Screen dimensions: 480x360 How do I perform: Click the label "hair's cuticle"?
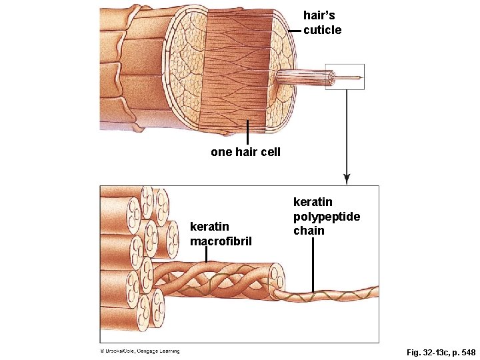tap(322, 22)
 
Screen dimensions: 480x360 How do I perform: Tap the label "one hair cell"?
tap(245, 152)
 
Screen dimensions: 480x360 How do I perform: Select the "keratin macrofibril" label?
tap(221, 233)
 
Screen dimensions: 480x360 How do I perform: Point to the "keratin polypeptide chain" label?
tap(327, 216)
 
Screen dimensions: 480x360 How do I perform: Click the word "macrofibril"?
tap(221, 241)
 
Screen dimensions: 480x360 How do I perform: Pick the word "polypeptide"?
tap(327, 216)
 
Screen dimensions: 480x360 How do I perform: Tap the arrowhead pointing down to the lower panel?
tap(346, 179)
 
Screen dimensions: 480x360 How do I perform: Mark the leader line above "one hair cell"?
tap(247, 132)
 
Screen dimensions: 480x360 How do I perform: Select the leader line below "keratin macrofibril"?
tap(207, 255)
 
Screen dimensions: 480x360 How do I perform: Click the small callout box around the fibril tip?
tap(345, 78)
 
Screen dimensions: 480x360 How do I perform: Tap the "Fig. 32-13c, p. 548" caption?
tap(441, 351)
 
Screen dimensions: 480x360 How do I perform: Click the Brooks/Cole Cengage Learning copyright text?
tap(140, 351)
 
